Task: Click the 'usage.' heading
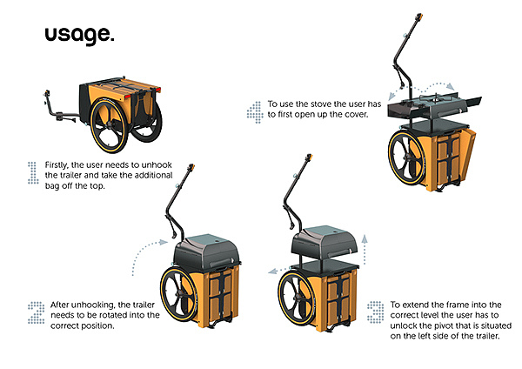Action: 79,35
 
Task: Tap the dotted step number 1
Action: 33,172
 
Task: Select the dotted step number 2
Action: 37,312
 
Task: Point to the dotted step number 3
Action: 376,312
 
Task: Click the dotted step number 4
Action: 255,112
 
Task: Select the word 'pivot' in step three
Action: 434,325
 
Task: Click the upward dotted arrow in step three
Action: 365,250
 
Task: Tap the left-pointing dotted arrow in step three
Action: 279,271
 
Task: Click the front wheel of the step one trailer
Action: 109,125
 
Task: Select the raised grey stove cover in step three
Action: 325,243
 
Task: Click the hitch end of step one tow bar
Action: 47,93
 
